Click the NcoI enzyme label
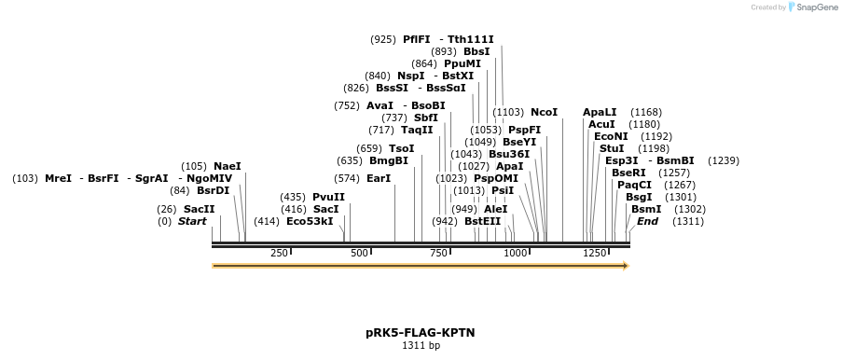coord(544,112)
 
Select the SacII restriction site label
coord(195,209)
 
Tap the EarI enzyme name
coord(379,178)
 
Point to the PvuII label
coord(328,197)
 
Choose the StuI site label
coord(612,148)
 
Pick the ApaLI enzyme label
coord(600,112)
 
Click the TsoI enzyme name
coord(402,148)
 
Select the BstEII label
coord(482,221)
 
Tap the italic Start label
coord(192,221)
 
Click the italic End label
coord(647,221)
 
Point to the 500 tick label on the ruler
coord(359,254)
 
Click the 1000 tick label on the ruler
coord(516,254)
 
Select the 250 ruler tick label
coord(279,254)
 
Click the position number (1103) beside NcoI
coord(507,112)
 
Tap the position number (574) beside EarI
coord(347,178)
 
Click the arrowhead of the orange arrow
coord(626,266)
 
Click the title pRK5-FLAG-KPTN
coord(421,333)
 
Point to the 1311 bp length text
coord(421,345)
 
